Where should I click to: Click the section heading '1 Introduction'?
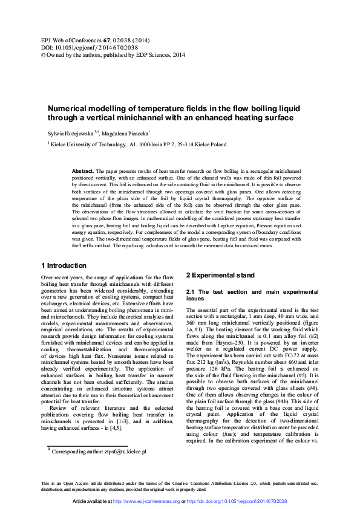(63, 265)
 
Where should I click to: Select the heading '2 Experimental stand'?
(220, 275)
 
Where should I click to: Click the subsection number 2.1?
(191, 293)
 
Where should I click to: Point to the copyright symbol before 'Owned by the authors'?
(42, 54)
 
